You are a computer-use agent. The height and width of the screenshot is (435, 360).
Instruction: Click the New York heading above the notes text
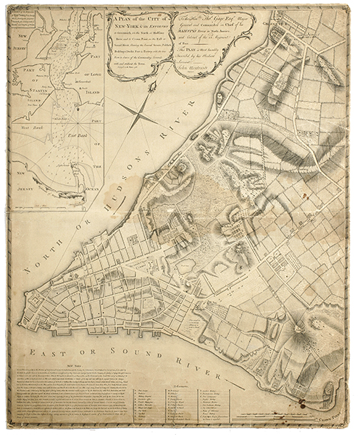coord(76,367)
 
